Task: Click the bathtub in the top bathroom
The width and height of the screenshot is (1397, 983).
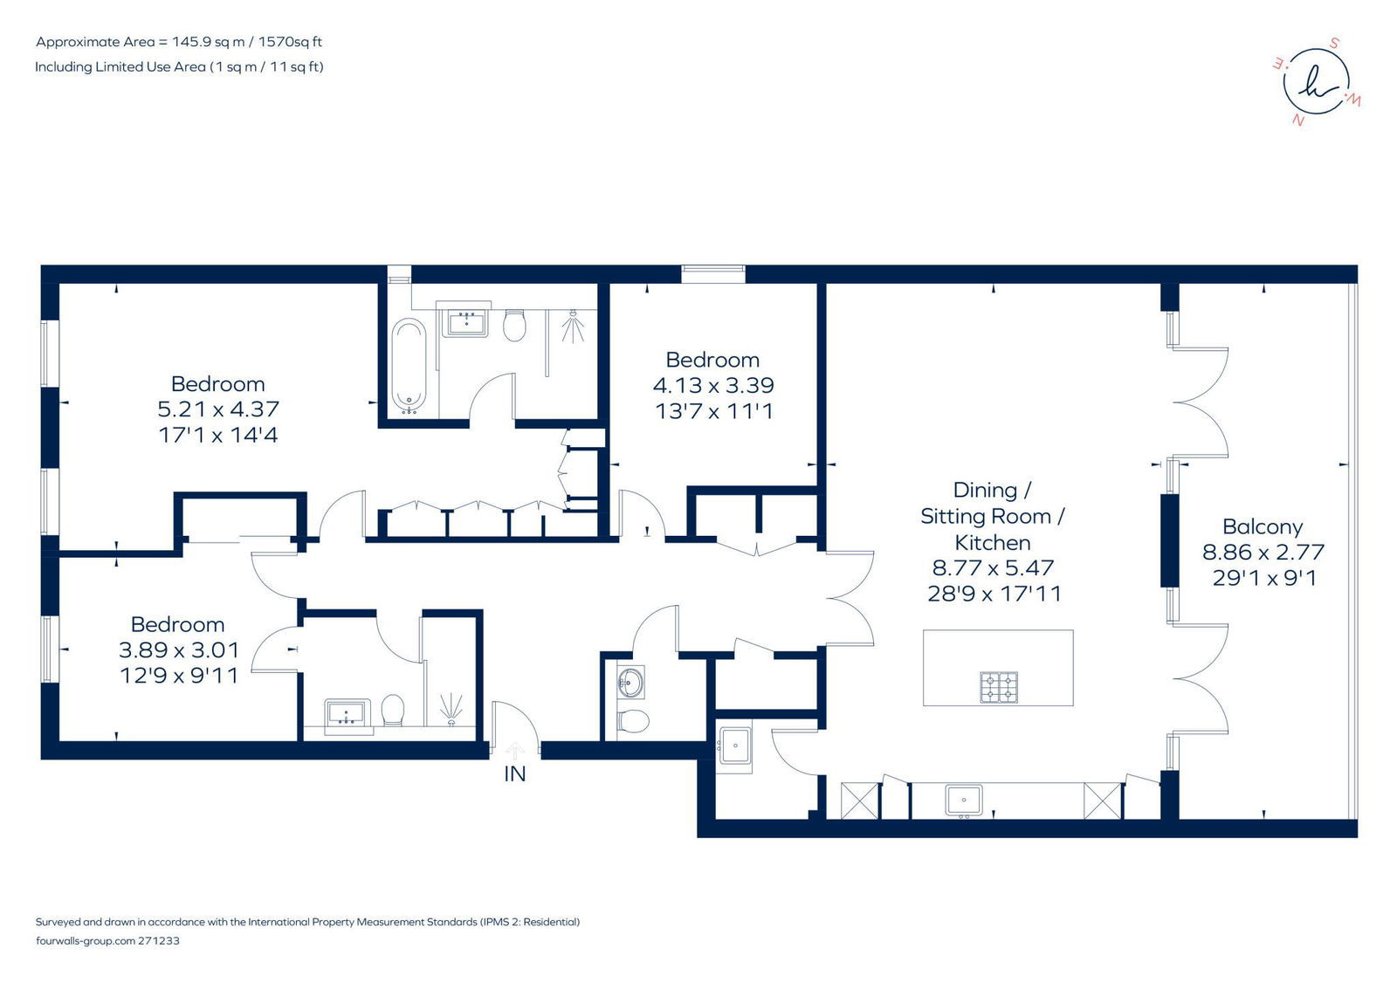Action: [409, 366]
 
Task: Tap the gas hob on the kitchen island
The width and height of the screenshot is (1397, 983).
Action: [999, 687]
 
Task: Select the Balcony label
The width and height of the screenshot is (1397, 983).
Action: [1263, 527]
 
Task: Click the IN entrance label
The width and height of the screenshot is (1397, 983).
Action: [514, 774]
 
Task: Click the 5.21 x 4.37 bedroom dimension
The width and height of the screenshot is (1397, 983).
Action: [218, 409]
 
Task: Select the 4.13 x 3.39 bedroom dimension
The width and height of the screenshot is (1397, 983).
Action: [713, 386]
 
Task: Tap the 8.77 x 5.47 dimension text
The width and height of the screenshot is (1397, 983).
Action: [993, 567]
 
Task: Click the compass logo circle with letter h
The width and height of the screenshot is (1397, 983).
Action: [1316, 82]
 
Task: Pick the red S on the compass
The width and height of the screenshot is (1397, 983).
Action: [1335, 44]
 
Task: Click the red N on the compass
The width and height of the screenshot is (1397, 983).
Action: [1299, 120]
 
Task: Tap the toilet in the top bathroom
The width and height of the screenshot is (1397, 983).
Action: [514, 325]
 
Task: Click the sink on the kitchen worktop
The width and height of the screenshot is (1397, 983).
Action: [964, 801]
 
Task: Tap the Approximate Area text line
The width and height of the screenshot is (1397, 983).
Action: [179, 42]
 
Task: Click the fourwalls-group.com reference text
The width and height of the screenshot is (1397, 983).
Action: [108, 940]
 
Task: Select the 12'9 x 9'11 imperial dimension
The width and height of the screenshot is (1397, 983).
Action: [180, 676]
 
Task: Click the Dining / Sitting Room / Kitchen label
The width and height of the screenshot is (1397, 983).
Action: [992, 517]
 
